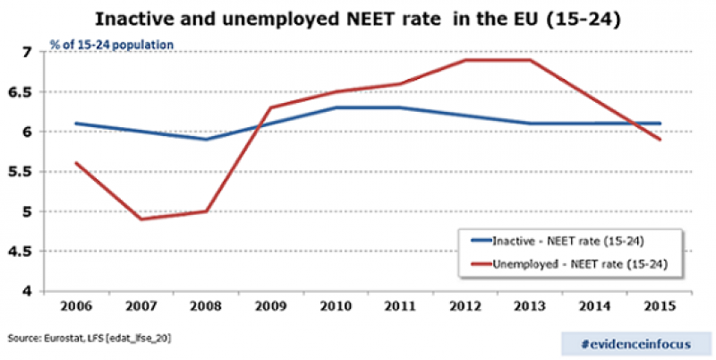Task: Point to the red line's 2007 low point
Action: (140, 219)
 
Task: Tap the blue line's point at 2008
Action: (207, 139)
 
